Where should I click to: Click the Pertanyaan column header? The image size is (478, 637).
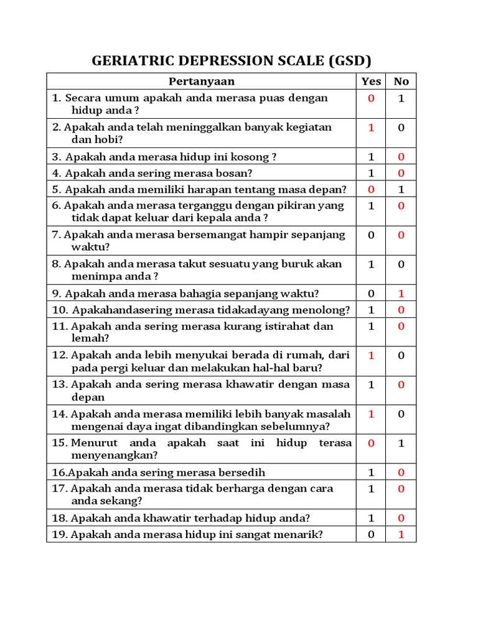202,81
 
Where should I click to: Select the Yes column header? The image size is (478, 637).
372,81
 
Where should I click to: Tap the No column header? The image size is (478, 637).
401,81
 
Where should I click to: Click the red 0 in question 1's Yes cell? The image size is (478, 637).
372,98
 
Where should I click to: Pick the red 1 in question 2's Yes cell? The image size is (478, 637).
372,128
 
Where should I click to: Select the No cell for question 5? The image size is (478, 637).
401,189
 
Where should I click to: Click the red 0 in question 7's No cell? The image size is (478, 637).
401,235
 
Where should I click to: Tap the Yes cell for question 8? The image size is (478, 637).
372,264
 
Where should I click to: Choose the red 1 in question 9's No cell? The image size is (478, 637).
401,294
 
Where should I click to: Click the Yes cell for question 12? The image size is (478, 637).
372,356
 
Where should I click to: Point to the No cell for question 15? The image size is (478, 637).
401,444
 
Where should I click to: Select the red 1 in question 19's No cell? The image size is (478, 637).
401,534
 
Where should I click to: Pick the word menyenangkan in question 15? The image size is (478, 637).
113,455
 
